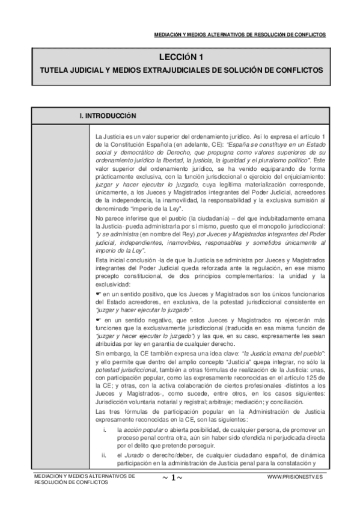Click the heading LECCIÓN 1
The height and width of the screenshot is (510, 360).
tap(180, 58)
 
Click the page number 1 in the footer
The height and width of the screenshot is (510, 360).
tap(172, 478)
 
